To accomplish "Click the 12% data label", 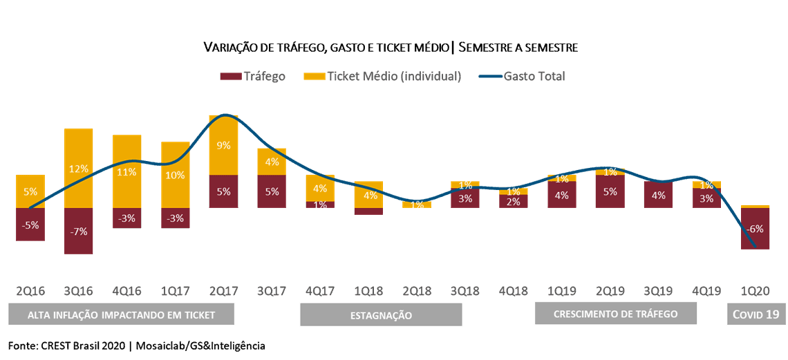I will pyautogui.click(x=79, y=169).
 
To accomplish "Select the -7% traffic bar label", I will pyautogui.click(x=79, y=231).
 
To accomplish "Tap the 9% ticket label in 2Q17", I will pyautogui.click(x=223, y=146).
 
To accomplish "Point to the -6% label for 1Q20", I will pyautogui.click(x=755, y=229).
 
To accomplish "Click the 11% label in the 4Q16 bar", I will pyautogui.click(x=127, y=172).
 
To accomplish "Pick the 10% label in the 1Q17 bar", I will pyautogui.click(x=175, y=175).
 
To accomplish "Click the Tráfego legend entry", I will pyautogui.click(x=253, y=76).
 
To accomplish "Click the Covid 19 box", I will pyautogui.click(x=756, y=315).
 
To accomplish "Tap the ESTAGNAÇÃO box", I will pyautogui.click(x=381, y=316).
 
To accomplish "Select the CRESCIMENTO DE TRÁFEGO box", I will pyautogui.click(x=616, y=314).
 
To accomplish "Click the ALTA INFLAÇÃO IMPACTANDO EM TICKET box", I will pyautogui.click(x=122, y=315).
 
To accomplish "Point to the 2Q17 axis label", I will pyautogui.click(x=223, y=290).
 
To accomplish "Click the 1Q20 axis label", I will pyautogui.click(x=755, y=290).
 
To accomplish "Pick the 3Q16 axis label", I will pyautogui.click(x=79, y=290).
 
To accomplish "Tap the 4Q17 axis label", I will pyautogui.click(x=320, y=290).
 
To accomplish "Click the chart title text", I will pyautogui.click(x=391, y=48).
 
